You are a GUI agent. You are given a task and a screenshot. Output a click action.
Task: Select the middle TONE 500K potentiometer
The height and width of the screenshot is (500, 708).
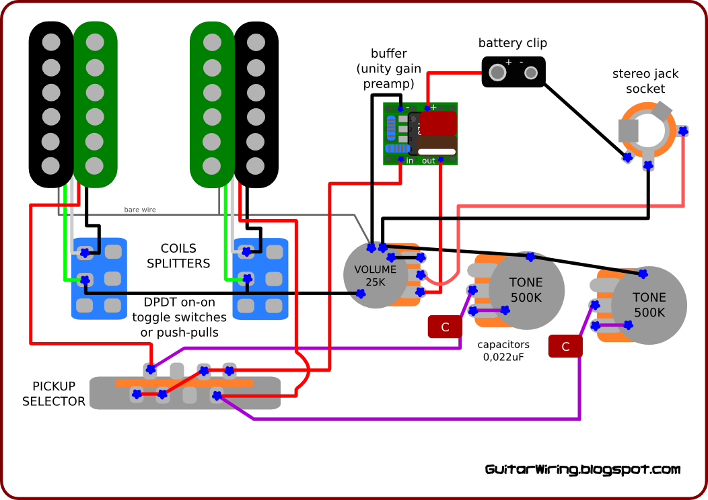point(526,290)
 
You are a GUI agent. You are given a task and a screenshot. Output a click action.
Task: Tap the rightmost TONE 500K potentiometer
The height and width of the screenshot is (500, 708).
point(649,305)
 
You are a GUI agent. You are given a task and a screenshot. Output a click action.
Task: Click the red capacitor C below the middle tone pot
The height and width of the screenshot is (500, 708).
point(445,327)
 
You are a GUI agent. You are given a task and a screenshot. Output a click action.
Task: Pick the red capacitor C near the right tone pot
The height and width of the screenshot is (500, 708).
point(565,346)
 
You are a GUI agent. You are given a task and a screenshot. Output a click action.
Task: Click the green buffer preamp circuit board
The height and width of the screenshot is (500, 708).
point(421,133)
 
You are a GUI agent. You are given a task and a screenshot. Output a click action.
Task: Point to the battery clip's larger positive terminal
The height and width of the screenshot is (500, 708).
point(497,72)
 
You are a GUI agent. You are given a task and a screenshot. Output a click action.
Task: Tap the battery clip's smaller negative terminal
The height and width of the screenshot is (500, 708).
point(531,72)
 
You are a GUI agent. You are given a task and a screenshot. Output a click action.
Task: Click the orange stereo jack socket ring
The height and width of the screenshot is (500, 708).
point(647,130)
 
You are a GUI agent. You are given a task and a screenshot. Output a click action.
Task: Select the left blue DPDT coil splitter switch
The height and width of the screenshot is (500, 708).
point(99,278)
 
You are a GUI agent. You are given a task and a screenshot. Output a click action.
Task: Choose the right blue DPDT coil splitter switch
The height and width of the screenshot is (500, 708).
point(260,278)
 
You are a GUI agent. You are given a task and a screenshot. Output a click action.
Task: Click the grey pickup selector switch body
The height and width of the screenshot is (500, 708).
point(185,393)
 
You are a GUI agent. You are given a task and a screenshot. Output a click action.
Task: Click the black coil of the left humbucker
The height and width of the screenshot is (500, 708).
point(50,104)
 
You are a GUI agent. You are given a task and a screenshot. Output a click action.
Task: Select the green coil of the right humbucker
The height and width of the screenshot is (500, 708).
point(212,104)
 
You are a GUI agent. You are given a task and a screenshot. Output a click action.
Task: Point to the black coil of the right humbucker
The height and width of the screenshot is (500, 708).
point(256,104)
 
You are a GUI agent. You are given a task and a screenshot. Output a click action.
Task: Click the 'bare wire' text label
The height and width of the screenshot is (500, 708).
point(140,210)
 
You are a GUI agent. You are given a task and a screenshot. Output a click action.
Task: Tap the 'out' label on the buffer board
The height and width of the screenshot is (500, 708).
point(429,161)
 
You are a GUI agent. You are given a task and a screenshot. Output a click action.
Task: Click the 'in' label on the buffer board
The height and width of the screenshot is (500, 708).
point(410,161)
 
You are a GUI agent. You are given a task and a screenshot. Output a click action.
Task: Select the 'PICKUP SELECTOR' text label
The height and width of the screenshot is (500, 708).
point(54,394)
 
